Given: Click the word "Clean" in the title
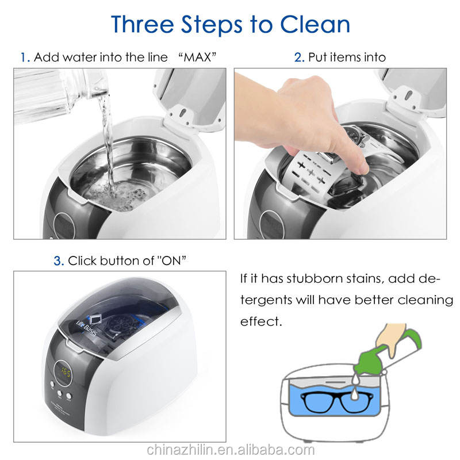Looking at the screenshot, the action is (x=315, y=24).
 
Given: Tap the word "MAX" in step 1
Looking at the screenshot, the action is (x=197, y=57).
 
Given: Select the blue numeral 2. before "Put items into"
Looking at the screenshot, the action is (x=299, y=57).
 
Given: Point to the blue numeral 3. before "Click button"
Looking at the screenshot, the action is (x=59, y=261).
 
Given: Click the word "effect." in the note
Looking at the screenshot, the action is (x=261, y=321).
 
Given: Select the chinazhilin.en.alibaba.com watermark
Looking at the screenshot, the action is (x=231, y=450).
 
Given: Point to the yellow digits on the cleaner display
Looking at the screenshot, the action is (x=66, y=373).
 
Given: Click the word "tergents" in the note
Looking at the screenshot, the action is (x=266, y=300).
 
